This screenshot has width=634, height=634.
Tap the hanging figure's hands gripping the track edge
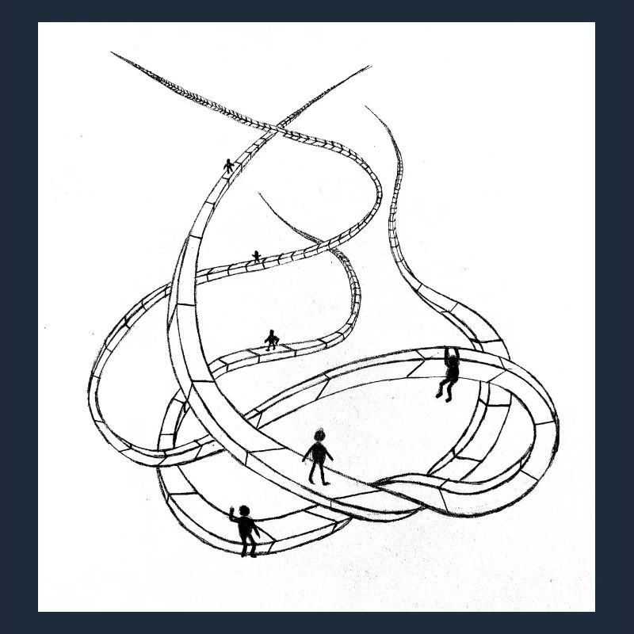pyautogui.click(x=448, y=348)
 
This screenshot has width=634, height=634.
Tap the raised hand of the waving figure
pyautogui.click(x=231, y=509)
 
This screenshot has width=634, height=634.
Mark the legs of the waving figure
pyautogui.click(x=249, y=545)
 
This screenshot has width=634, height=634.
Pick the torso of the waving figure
pyautogui.click(x=246, y=526)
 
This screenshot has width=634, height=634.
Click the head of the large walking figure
pyautogui.click(x=319, y=435)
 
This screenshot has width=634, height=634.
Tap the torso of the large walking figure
pyautogui.click(x=318, y=453)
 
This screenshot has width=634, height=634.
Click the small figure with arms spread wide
pyautogui.click(x=272, y=340)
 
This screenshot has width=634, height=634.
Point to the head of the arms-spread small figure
pyautogui.click(x=273, y=333)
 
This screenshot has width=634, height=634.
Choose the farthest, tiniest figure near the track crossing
pyautogui.click(x=229, y=166)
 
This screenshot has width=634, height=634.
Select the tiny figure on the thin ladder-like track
pyautogui.click(x=256, y=256)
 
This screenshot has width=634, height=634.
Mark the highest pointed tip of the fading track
pyautogui.click(x=113, y=52)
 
